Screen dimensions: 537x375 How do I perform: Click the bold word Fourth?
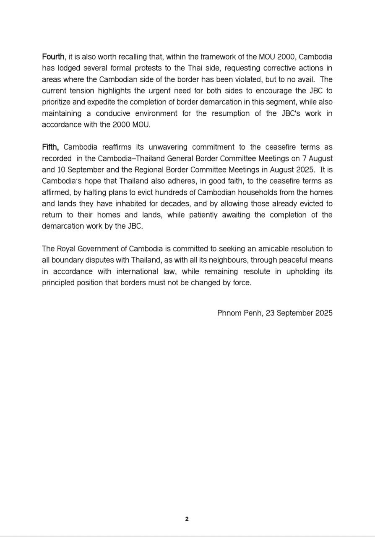tap(53, 57)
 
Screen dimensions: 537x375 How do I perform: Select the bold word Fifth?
tap(50, 147)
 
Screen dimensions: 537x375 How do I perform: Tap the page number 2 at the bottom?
tap(187, 519)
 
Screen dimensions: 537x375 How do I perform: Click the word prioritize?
tap(58, 102)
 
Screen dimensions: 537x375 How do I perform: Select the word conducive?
tap(115, 113)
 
